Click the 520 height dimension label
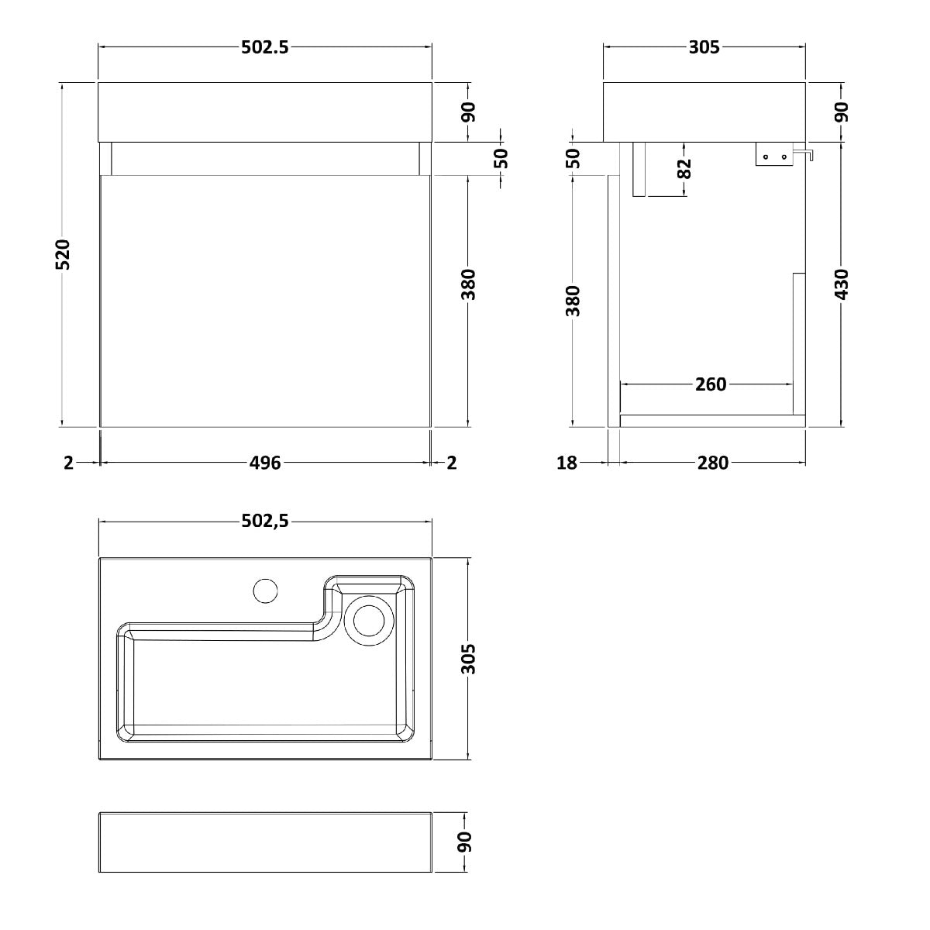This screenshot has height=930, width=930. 64,254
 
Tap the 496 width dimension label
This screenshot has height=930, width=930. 265,463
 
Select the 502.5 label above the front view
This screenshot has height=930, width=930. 264,47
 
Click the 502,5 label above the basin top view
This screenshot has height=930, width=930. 264,521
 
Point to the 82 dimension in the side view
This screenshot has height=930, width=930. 684,168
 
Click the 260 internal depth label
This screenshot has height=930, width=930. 711,384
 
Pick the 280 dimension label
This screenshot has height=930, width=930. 712,463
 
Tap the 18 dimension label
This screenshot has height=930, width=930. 567,463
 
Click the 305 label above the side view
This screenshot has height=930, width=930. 704,47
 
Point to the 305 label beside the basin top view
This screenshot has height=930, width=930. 468,659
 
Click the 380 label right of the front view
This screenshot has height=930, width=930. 468,284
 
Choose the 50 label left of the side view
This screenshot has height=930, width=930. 573,158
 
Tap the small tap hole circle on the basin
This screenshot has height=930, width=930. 266,591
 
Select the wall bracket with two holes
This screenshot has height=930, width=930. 774,154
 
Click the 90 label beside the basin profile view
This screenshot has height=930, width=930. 464,842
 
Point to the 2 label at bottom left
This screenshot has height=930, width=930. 68,463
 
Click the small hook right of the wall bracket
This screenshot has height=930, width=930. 804,154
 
